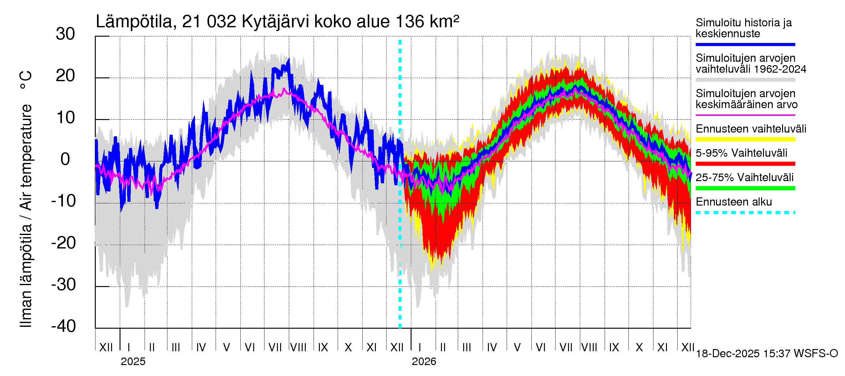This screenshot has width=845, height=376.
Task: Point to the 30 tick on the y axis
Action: (x=65, y=34)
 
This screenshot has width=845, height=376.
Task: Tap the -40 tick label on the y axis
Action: (x=64, y=326)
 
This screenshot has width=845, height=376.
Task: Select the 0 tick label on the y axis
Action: (x=65, y=159)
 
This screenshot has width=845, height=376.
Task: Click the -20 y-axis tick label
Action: (x=64, y=243)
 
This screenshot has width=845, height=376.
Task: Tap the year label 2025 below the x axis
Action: (x=133, y=362)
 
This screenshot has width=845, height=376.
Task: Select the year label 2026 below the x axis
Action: (x=424, y=362)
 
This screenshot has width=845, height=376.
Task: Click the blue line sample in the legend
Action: (x=745, y=44)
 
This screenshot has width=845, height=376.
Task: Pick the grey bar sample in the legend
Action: (x=745, y=80)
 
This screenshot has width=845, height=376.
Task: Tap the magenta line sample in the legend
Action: (x=745, y=115)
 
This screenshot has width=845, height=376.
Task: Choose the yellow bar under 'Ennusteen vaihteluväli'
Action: (x=745, y=139)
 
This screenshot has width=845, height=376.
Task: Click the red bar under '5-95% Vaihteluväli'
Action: (x=745, y=164)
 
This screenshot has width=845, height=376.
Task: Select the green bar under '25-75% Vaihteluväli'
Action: (x=745, y=188)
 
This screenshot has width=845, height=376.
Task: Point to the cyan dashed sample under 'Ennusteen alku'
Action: (x=745, y=212)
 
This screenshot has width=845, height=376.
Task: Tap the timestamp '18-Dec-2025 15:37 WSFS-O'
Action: (x=766, y=354)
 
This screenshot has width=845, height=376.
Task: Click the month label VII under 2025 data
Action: (x=275, y=347)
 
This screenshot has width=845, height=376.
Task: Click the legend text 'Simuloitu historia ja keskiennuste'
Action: (x=743, y=28)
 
